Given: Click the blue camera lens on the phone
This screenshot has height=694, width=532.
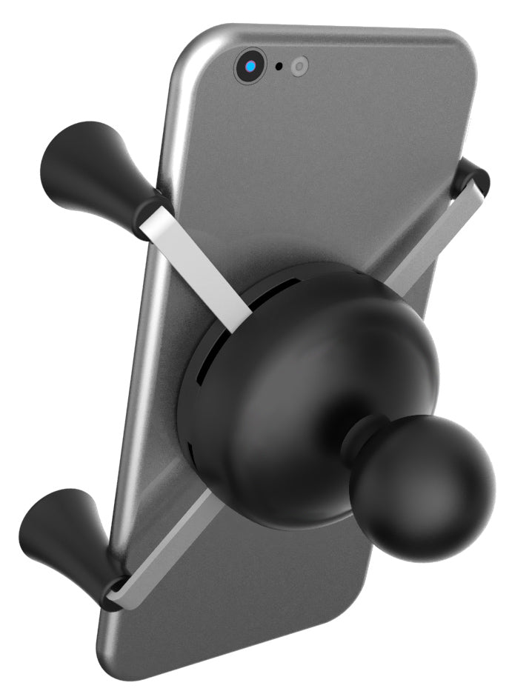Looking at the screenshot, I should point(250,67).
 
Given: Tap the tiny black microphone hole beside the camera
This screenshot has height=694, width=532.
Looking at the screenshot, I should point(279,67).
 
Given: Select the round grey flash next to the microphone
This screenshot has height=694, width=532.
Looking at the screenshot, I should point(299,67).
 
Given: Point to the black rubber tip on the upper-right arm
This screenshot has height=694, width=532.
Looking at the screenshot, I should point(471,178).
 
